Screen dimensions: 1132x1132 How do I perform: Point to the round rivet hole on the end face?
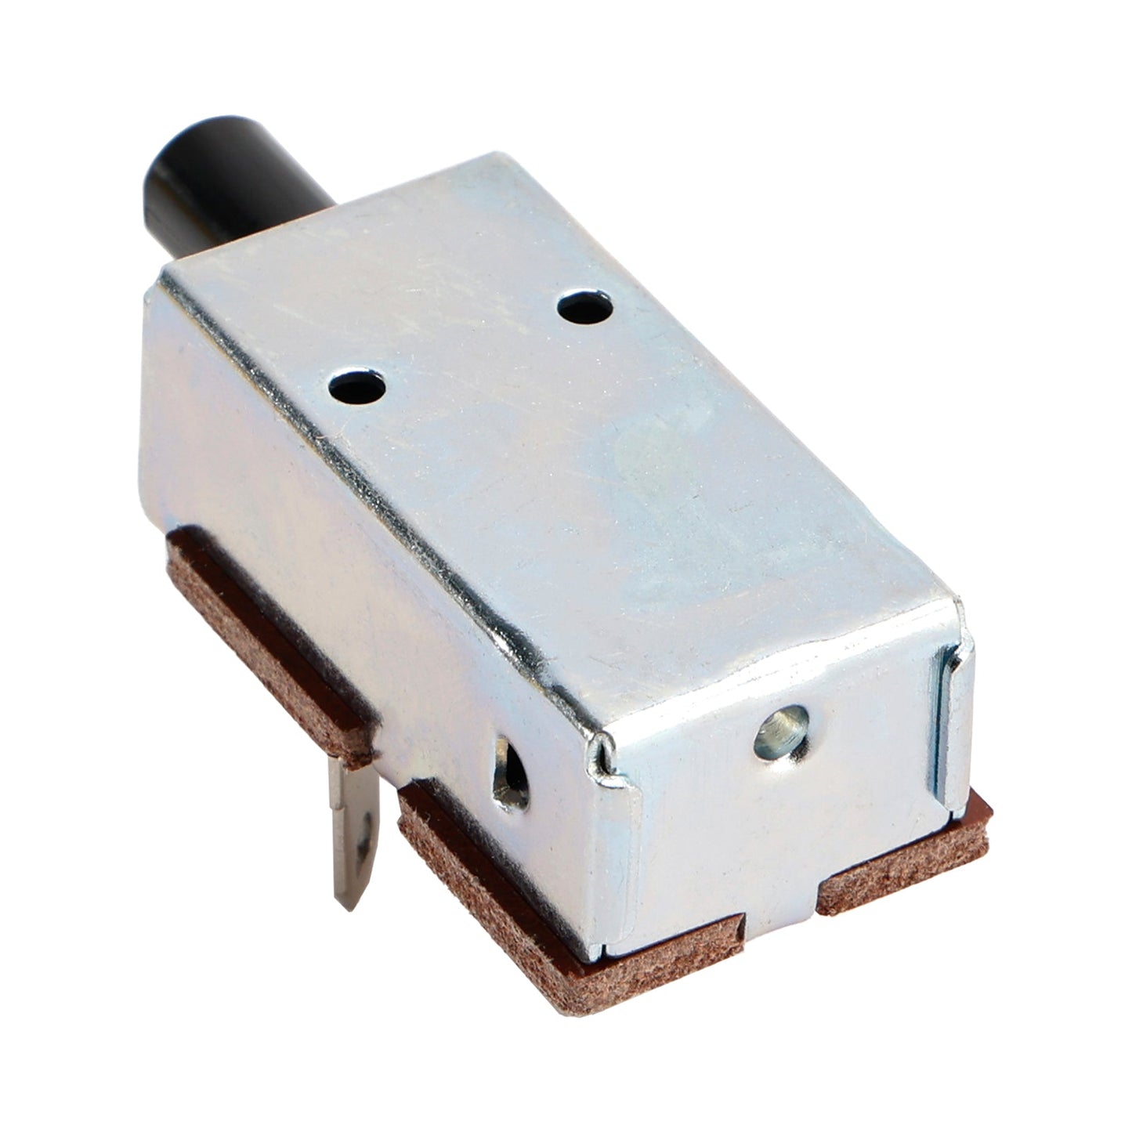pyautogui.click(x=780, y=733)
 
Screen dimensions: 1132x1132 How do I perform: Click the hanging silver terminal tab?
pyautogui.click(x=356, y=830)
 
